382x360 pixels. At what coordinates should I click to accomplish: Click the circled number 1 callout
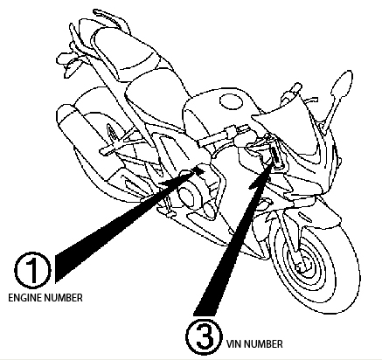pos(32,270)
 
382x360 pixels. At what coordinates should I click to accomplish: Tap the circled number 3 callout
pos(204,336)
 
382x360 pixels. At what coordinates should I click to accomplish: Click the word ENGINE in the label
pos(25,298)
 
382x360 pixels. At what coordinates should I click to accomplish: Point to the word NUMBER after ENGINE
pos(64,298)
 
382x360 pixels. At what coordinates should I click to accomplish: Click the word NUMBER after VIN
pos(264,344)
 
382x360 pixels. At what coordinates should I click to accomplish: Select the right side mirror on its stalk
pos(342,84)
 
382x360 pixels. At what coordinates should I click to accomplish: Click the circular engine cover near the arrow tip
pos(188,196)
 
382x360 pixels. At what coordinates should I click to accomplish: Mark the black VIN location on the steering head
pos(275,157)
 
